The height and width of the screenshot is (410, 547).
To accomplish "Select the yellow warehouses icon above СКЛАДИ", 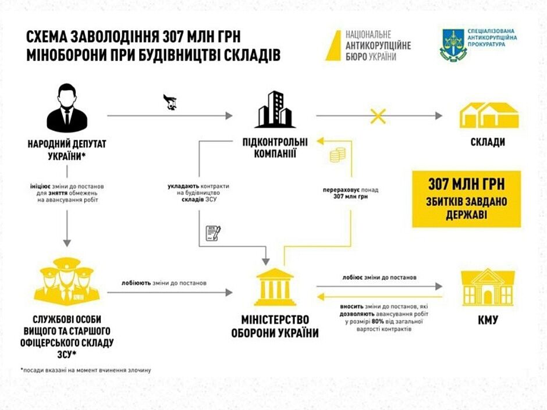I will (489, 115).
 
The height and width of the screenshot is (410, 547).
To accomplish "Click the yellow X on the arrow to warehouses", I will (378, 116).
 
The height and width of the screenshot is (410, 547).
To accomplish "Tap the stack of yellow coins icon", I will (338, 155).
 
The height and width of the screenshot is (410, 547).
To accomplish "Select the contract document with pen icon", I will (214, 233).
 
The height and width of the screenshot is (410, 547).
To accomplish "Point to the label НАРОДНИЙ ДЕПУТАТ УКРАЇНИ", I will (67, 148).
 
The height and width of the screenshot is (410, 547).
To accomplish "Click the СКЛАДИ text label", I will (489, 142).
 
